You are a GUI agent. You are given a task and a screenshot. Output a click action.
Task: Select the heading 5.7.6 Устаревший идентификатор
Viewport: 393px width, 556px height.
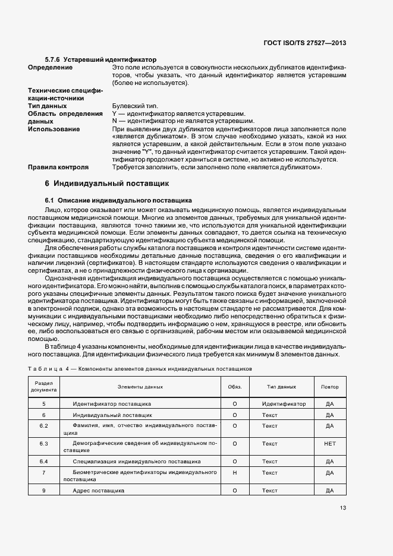(100, 60)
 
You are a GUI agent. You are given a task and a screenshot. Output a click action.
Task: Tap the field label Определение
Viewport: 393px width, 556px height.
(51, 68)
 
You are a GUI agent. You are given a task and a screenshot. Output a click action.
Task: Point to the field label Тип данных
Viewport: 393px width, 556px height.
(48, 106)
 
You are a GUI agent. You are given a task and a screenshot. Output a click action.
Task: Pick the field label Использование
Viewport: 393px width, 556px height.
(54, 129)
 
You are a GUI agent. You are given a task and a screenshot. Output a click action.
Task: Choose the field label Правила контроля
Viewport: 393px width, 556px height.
(58, 168)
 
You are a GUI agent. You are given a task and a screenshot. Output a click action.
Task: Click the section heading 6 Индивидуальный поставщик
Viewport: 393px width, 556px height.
(108, 184)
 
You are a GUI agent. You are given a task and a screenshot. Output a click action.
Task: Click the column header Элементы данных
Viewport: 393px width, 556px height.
(140, 387)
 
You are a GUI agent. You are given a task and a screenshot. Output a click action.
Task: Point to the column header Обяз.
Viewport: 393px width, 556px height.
(235, 387)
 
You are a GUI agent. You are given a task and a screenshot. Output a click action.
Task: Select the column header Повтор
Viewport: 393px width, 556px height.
(330, 387)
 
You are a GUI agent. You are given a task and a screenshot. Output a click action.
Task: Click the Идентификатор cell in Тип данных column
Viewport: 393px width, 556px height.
(284, 404)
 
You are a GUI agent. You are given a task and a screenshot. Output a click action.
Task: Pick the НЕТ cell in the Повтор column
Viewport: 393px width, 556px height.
(330, 444)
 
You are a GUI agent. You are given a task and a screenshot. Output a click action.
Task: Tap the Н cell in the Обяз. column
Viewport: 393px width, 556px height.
(235, 473)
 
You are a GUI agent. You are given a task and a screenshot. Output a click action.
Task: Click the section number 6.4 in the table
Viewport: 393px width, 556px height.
(43, 462)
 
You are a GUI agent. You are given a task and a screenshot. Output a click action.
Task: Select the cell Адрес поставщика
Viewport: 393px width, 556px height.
(98, 491)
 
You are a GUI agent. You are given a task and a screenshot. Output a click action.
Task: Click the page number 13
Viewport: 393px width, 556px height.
(343, 508)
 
